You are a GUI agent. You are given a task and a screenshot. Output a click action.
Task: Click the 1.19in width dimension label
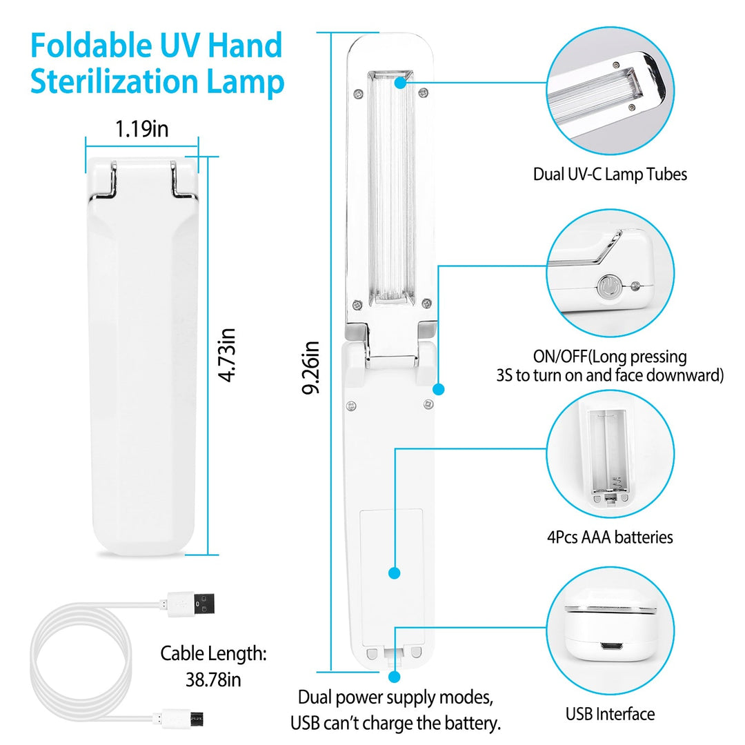click(x=141, y=129)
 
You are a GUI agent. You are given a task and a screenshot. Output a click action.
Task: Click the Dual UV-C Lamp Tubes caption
click(x=610, y=174)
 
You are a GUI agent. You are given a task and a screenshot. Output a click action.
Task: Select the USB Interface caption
click(x=610, y=714)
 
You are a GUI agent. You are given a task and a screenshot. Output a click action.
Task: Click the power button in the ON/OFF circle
click(x=608, y=286)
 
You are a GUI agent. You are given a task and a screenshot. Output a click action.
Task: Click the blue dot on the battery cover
click(x=395, y=573)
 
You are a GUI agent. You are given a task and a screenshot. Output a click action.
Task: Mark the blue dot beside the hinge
click(x=439, y=389)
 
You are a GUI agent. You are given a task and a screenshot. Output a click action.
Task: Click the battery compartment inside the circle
click(x=610, y=452)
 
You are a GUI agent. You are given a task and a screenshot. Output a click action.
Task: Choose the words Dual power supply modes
click(x=395, y=697)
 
